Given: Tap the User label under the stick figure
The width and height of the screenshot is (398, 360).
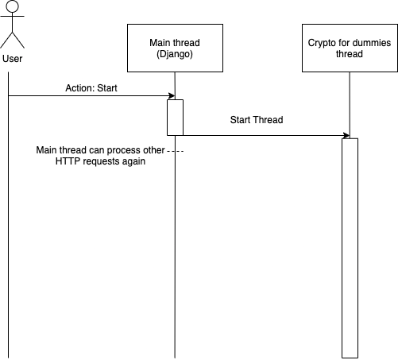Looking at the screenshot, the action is click(x=13, y=59).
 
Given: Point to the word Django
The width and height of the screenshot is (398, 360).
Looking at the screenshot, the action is click(x=175, y=54).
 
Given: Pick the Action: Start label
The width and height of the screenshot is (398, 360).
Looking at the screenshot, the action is click(x=91, y=88).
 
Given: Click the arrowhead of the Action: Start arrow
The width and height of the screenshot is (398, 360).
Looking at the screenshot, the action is click(x=172, y=95).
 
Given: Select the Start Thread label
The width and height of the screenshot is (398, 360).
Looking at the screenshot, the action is click(x=257, y=120).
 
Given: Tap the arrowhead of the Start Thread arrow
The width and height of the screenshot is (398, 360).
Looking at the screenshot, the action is click(x=346, y=135).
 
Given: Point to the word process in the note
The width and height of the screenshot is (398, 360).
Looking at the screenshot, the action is click(x=124, y=150).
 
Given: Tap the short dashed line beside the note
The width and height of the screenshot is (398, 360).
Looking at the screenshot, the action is click(x=175, y=151).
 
